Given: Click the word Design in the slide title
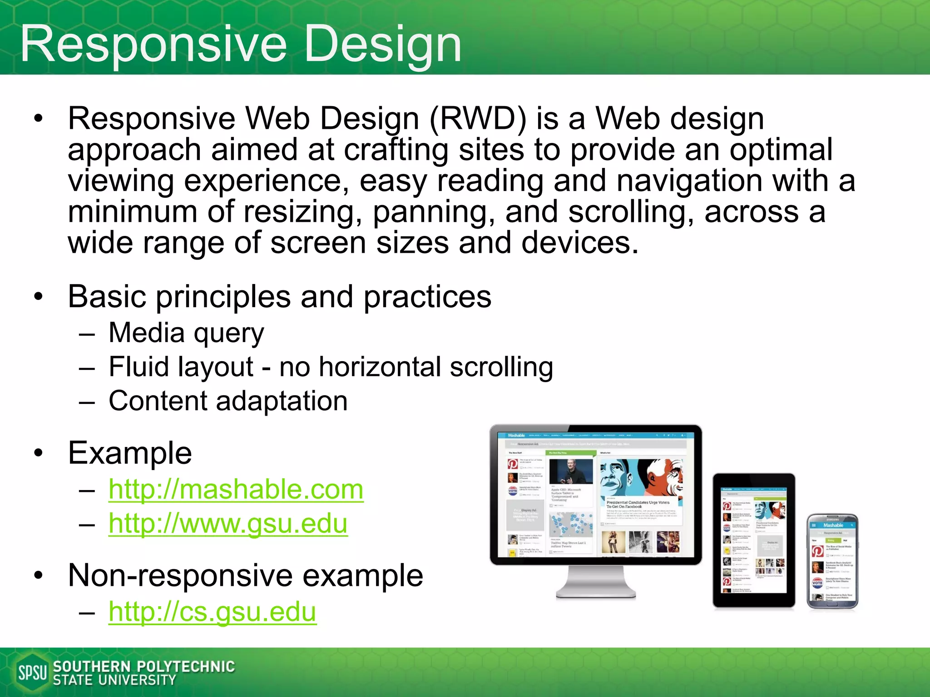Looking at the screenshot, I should (382, 44).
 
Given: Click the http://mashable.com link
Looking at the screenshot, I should (236, 490).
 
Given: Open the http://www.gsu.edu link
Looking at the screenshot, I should (228, 524).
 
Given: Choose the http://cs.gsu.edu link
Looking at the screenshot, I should (212, 612).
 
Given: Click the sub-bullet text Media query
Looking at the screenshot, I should (186, 333).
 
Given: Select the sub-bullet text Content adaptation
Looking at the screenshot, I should (228, 401).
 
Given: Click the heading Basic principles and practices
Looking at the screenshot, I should (279, 297).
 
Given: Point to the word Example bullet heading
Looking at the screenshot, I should (130, 453).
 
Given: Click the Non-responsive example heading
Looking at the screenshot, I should (245, 575).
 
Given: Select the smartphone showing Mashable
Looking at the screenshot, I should (832, 561).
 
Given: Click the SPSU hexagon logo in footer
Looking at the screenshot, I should (32, 672).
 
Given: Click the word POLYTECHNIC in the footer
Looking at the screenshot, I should (186, 666).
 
